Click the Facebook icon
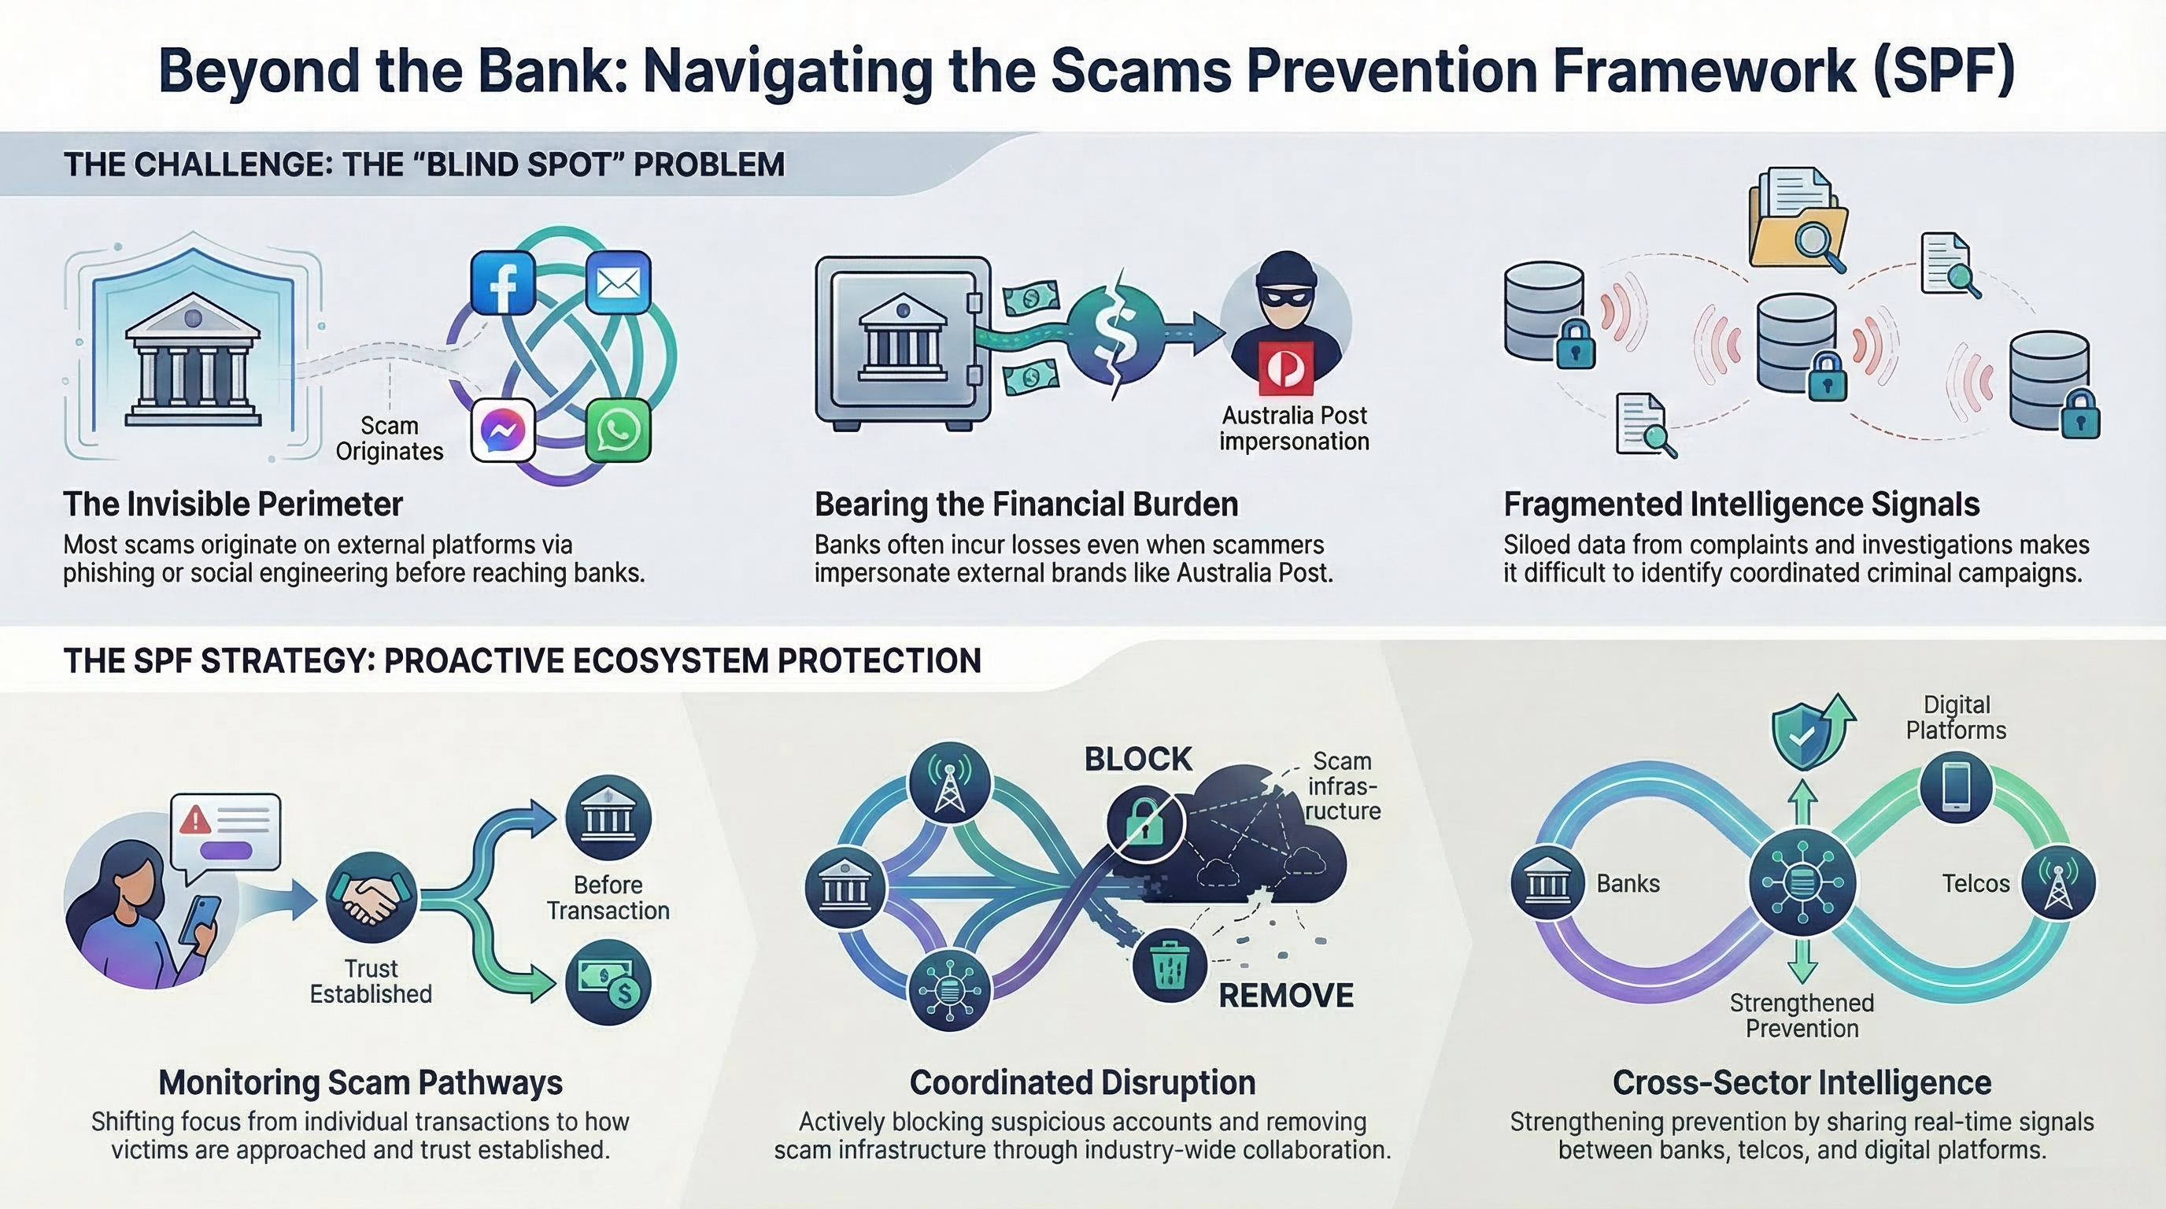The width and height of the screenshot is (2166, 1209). tap(503, 283)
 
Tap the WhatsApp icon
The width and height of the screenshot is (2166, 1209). tap(617, 431)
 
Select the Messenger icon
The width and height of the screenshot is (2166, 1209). tap(503, 431)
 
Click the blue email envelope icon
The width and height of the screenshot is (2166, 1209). tap(617, 283)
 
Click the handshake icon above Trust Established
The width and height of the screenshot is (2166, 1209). tap(371, 898)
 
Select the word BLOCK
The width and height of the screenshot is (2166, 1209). tap(1137, 760)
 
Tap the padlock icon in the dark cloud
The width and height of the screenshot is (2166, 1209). tap(1144, 823)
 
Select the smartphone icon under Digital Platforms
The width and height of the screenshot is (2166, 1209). tap(1956, 788)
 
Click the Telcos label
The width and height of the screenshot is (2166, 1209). tap(1975, 884)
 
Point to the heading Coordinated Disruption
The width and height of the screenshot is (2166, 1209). tap(1082, 1083)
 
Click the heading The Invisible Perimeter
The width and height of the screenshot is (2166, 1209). tap(233, 505)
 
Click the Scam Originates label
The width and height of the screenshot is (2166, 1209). tap(389, 438)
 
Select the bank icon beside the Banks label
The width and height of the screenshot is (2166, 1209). tap(1547, 884)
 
